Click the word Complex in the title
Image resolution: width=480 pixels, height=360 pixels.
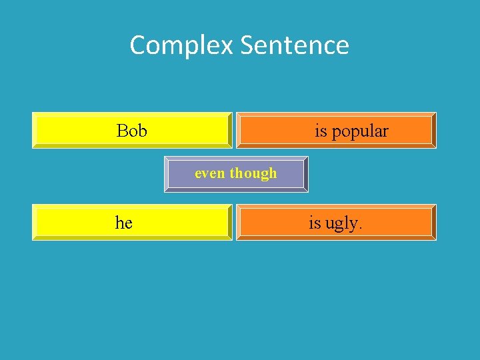(181, 46)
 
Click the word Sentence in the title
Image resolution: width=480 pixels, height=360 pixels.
(294, 46)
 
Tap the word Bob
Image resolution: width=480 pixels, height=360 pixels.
(132, 131)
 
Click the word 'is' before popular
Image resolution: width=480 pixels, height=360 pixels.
(321, 131)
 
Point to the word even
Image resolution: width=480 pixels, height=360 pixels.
(210, 173)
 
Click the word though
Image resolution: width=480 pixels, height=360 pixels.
(253, 173)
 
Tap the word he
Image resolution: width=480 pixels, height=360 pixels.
(124, 223)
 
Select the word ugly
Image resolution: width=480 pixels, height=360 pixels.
(341, 224)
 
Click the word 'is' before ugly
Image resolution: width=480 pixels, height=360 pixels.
(314, 223)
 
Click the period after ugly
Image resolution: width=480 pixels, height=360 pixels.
(361, 228)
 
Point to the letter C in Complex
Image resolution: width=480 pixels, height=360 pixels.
(137, 45)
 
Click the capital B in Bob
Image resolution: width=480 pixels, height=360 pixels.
(122, 131)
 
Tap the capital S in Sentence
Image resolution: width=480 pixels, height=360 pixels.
(246, 45)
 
